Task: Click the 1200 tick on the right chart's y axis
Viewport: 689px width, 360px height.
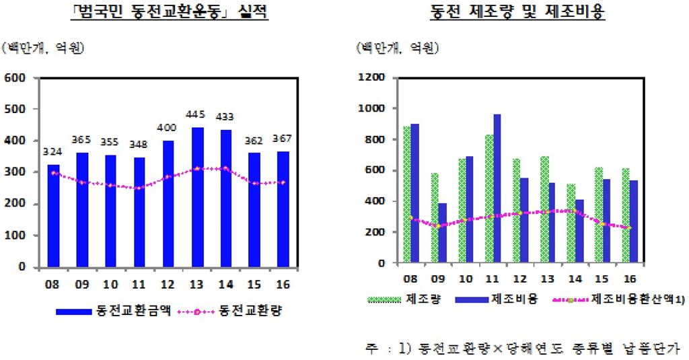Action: pyautogui.click(x=371, y=78)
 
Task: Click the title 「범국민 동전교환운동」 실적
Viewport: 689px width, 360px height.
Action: pyautogui.click(x=170, y=13)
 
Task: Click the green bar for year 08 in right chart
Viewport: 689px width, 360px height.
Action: pyautogui.click(x=407, y=194)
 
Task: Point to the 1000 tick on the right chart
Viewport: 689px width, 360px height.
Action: pyautogui.click(x=371, y=108)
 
